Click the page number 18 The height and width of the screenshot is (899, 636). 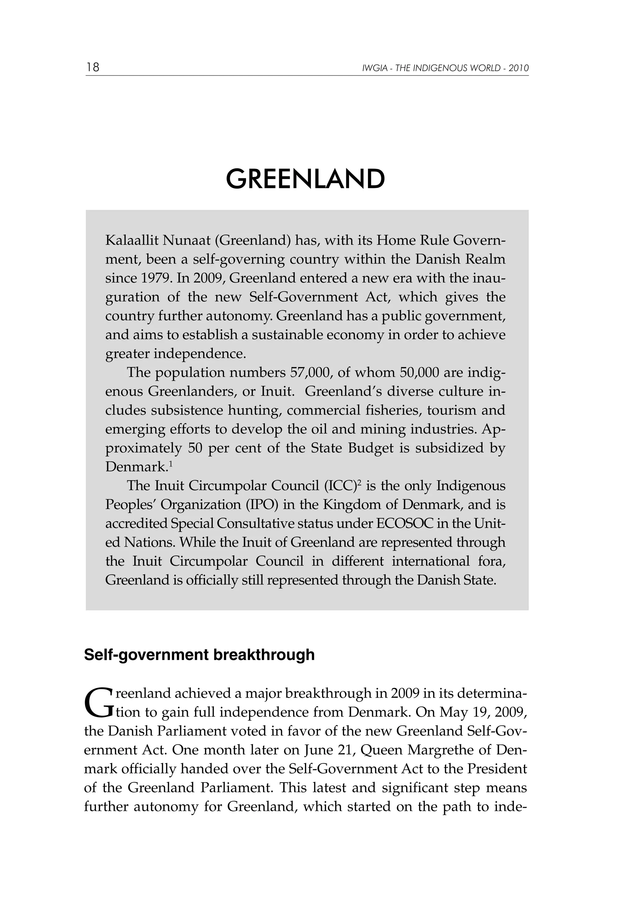[93, 67]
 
